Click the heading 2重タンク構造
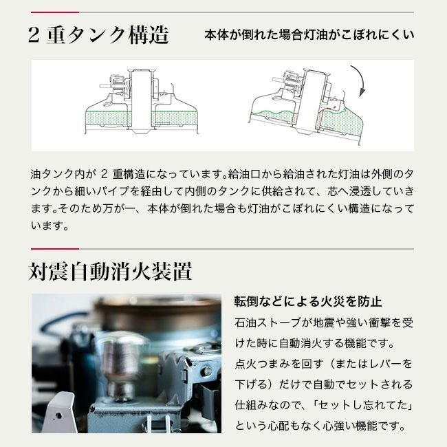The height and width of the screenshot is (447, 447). click(98, 36)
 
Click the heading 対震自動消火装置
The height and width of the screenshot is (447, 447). click(111, 272)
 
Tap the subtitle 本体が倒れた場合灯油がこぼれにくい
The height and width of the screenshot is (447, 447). click(309, 35)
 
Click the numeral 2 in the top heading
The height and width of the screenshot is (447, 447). click(36, 36)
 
